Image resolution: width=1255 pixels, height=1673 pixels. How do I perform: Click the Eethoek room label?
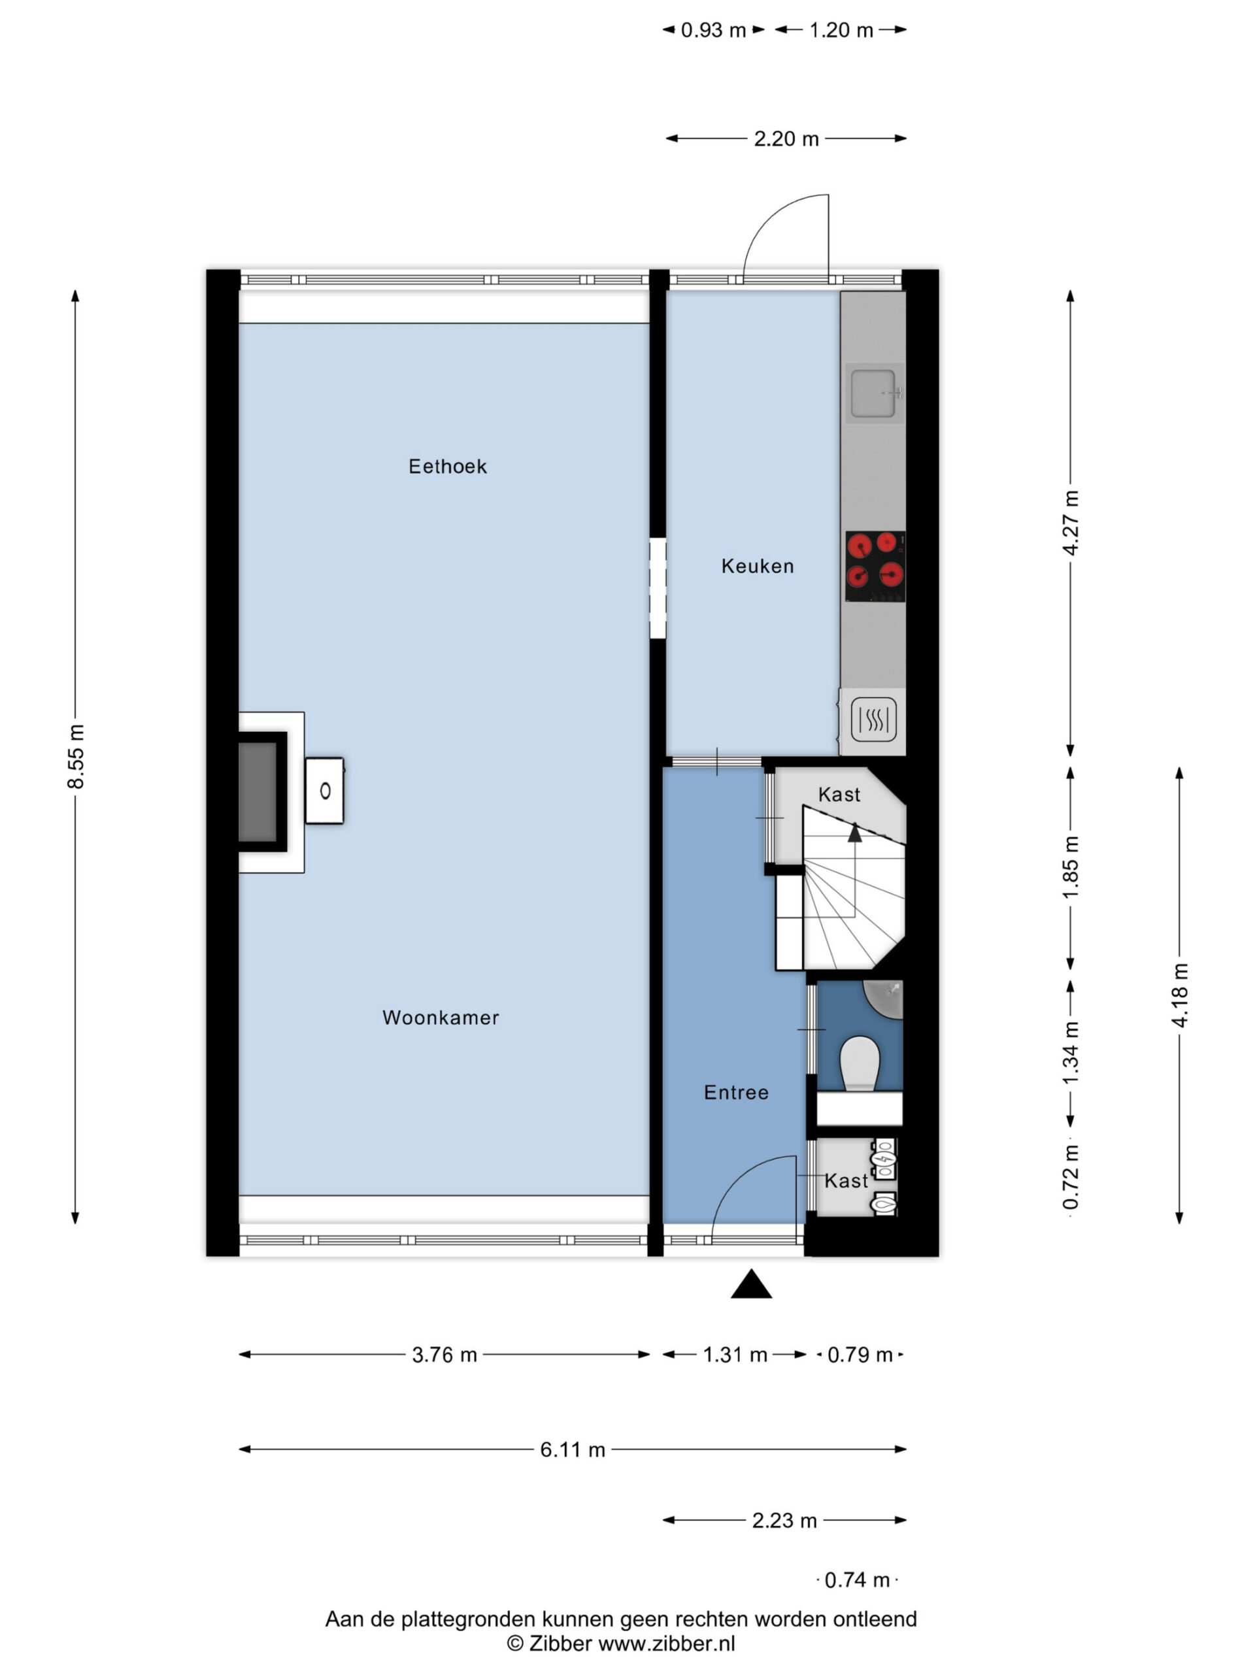coord(447,467)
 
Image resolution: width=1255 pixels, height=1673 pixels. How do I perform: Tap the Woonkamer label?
coord(441,1018)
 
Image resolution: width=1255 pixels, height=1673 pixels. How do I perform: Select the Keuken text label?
coord(757,566)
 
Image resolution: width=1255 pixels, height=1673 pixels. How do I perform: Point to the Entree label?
coord(736,1092)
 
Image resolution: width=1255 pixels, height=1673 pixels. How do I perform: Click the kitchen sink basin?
coord(872,393)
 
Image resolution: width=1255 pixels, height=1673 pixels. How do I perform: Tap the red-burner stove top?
coord(875,567)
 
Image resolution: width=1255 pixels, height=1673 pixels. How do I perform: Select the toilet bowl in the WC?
coord(860,1063)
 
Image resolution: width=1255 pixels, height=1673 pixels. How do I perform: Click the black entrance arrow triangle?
coord(751,1284)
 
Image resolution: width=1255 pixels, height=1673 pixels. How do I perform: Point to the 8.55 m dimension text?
coord(76,756)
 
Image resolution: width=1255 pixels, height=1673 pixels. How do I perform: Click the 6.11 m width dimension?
coord(573,1450)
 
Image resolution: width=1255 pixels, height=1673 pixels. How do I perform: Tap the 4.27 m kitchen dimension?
coord(1071,523)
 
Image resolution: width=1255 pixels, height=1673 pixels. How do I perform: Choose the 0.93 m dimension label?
coord(713,30)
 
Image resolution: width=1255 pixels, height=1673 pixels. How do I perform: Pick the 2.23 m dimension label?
coord(784,1521)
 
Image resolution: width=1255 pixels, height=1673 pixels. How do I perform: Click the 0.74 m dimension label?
coord(857,1580)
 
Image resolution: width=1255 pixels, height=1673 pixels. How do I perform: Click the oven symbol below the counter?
coord(874,720)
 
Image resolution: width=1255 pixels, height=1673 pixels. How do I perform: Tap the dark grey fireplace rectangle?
coord(257,792)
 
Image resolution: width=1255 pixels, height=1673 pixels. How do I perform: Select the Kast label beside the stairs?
coord(839,794)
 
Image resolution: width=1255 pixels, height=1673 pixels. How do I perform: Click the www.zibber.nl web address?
coord(667,1644)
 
